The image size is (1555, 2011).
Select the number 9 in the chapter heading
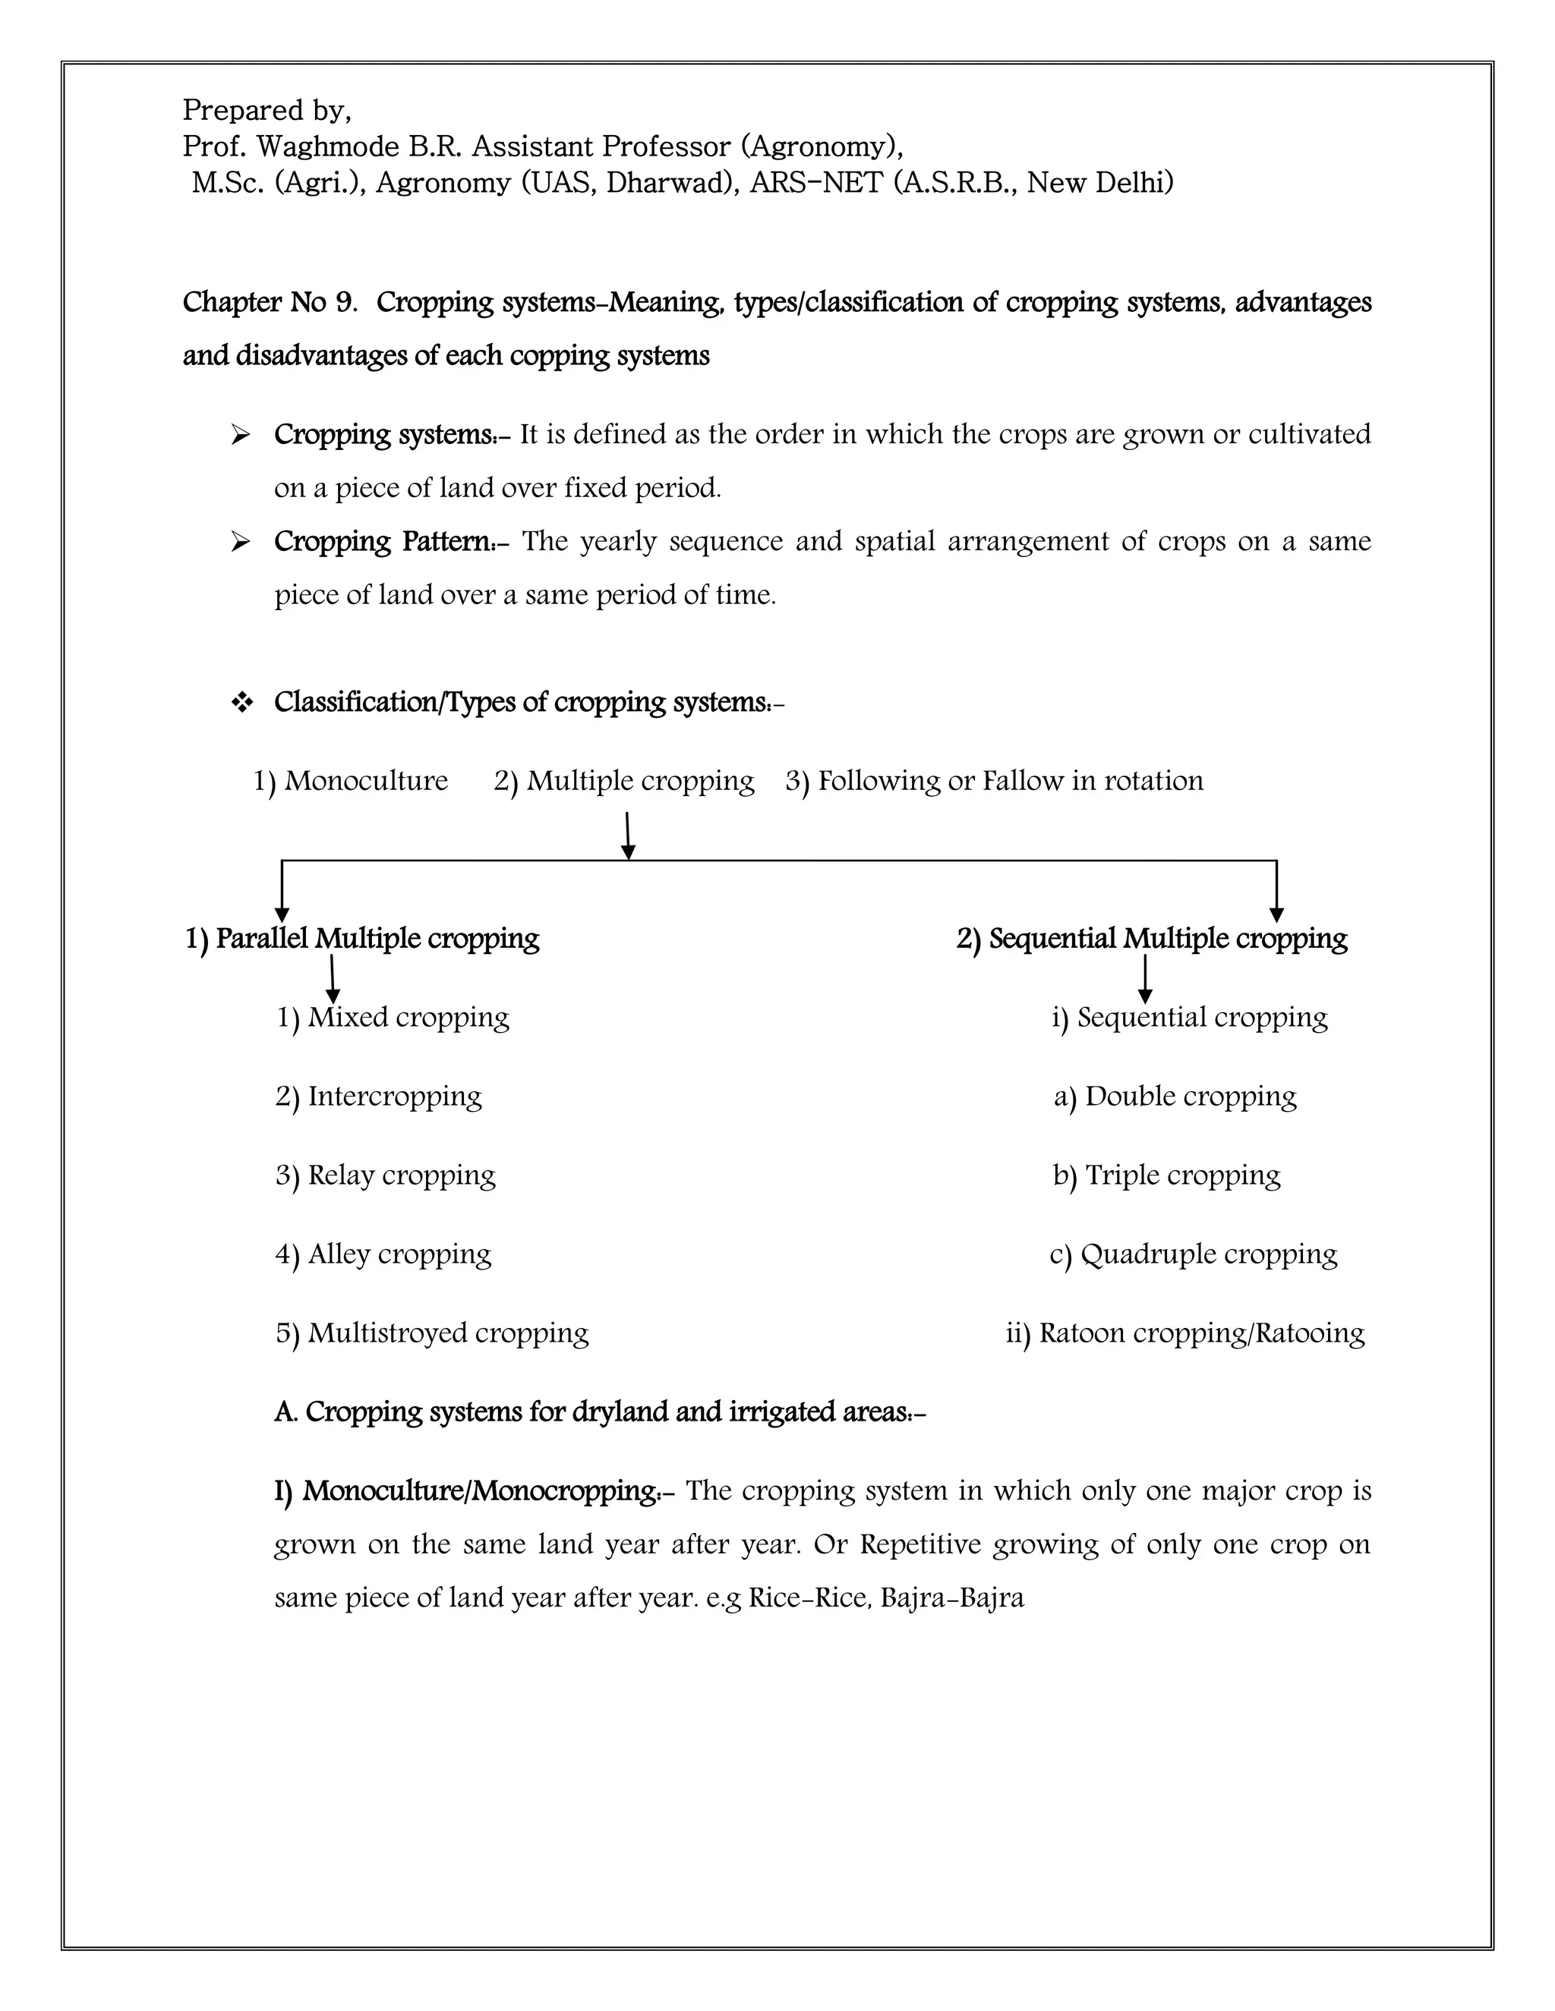(345, 302)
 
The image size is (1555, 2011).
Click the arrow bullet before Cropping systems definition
(241, 435)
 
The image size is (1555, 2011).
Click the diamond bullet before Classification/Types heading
(241, 703)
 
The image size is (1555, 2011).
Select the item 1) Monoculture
(351, 781)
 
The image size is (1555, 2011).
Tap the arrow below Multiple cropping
(627, 836)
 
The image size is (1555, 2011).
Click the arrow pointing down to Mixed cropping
(332, 980)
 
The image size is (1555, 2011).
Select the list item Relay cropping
(385, 1175)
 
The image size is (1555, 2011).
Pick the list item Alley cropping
(383, 1254)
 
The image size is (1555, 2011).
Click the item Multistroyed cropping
(432, 1333)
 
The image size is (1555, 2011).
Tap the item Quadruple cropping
(1193, 1254)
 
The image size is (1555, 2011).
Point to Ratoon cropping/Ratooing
(1184, 1333)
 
